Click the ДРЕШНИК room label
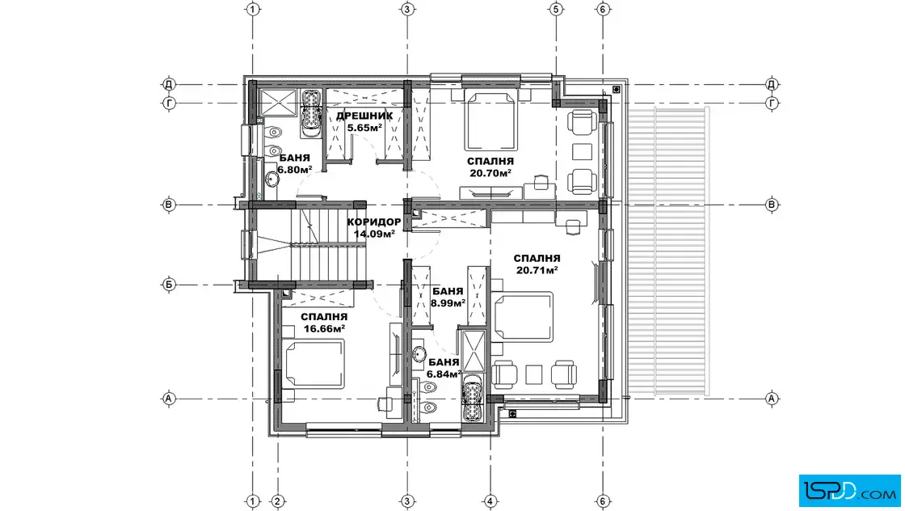coord(364,116)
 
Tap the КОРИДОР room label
coord(374,222)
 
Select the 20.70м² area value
coord(490,173)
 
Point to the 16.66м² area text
coord(324,328)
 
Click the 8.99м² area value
coord(448,302)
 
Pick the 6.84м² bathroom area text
coord(444,374)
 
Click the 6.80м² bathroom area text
coord(295,169)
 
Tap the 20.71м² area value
coord(537,269)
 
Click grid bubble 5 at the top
coord(556,9)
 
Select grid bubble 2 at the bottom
coord(278,501)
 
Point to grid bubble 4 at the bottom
coord(490,501)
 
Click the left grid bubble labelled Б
coord(169,285)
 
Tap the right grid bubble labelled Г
coord(772,103)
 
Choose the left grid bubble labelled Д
coord(169,84)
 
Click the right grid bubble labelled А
coord(772,399)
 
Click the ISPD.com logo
coord(849,491)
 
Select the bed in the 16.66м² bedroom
coord(314,362)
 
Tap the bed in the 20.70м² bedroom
coord(490,120)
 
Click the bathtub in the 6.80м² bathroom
coord(312,112)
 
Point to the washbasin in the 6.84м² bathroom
coord(419,353)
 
